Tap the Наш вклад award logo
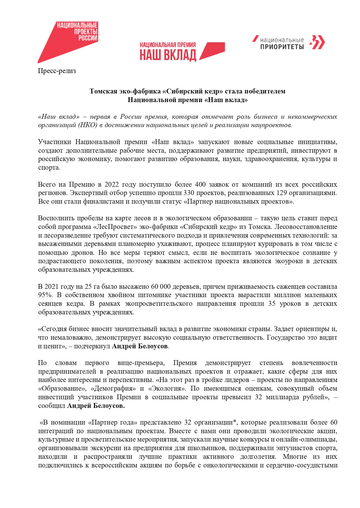pos(182,51)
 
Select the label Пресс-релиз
pos(57,71)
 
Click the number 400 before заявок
pos(200,184)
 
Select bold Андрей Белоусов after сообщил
pos(96,406)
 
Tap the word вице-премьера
pos(141,363)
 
